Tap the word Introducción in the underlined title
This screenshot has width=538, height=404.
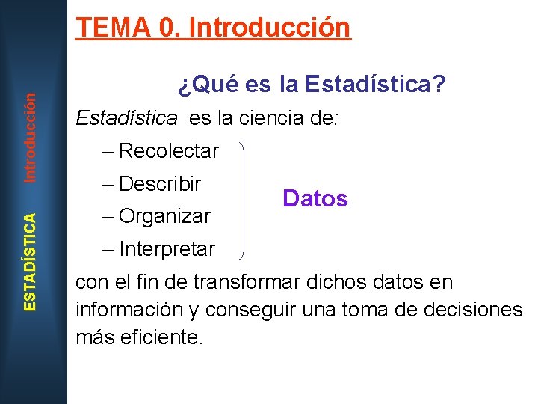tap(270, 28)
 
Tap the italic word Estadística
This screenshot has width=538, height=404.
tap(127, 118)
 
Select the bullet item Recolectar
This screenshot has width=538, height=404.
tap(168, 151)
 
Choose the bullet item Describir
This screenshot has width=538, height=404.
tap(160, 183)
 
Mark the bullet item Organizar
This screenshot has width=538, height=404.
tap(164, 216)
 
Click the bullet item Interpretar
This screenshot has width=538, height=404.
tap(167, 248)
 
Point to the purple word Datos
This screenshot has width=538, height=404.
tap(315, 198)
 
